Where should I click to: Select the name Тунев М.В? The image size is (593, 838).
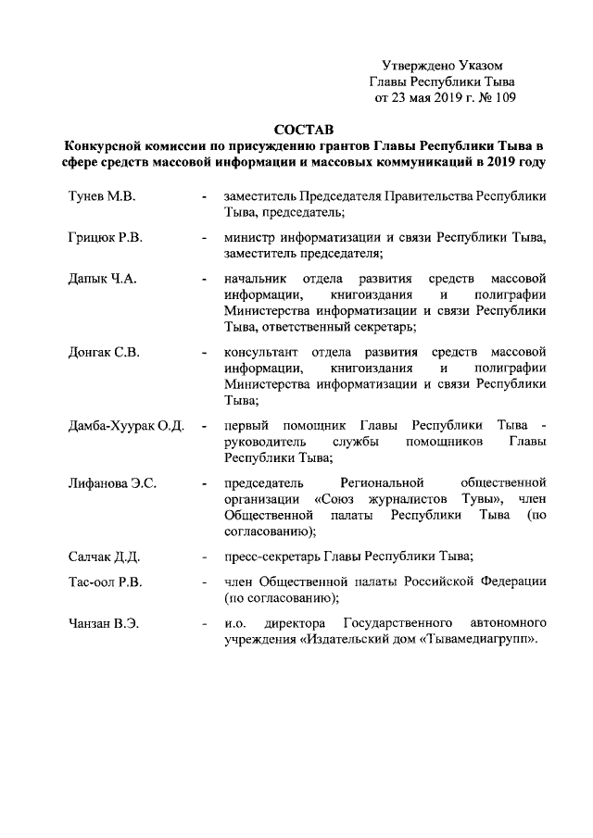[101, 197]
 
